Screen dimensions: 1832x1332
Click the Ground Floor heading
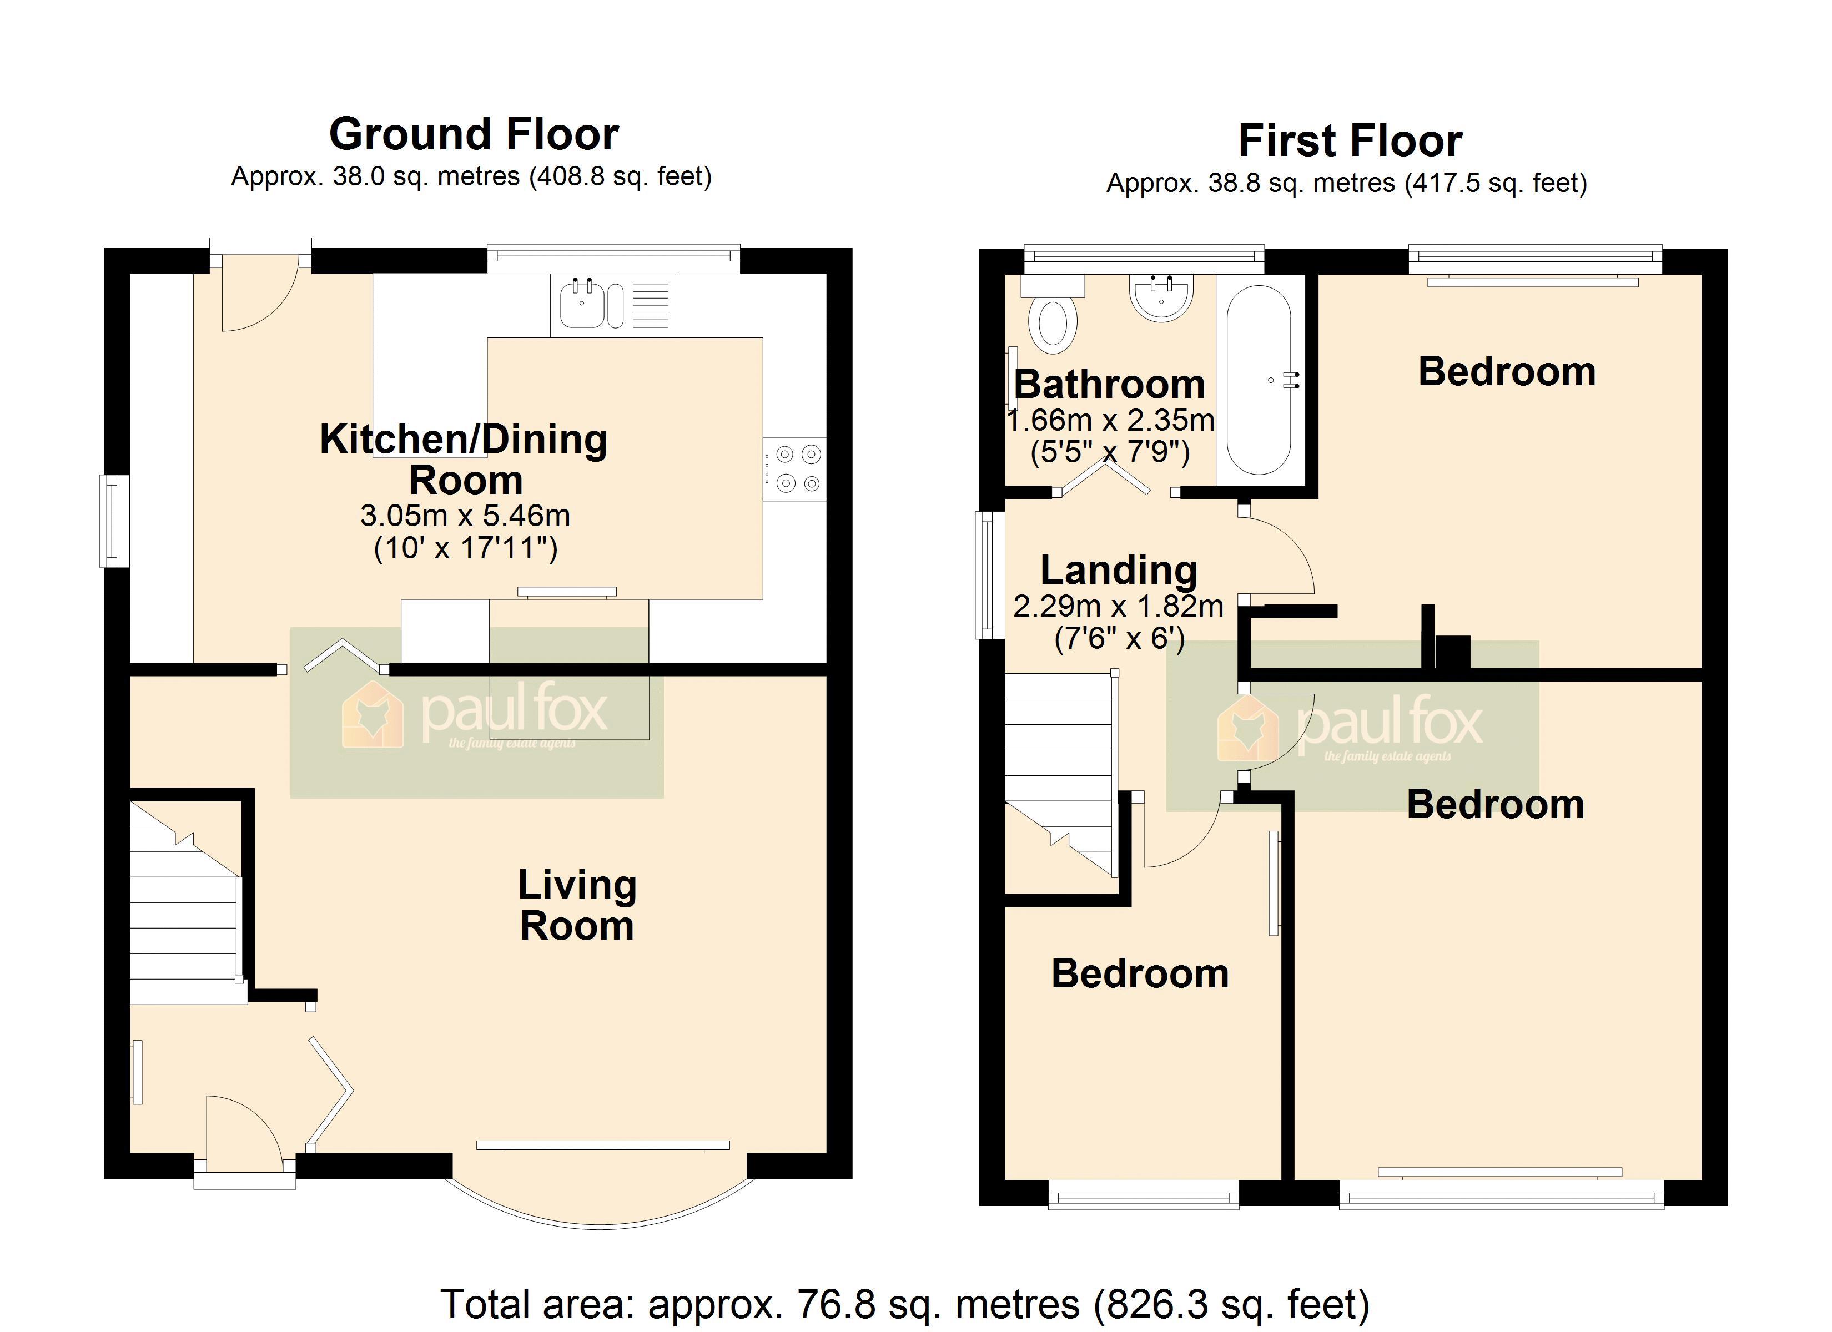click(x=474, y=134)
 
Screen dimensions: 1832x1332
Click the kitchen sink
click(x=614, y=305)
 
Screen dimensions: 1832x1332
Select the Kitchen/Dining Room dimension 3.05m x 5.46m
click(x=465, y=516)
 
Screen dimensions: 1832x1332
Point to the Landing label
click(x=1119, y=571)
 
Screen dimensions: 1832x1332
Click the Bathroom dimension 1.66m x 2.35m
click(x=1111, y=420)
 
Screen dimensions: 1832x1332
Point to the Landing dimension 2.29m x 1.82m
click(x=1119, y=606)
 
